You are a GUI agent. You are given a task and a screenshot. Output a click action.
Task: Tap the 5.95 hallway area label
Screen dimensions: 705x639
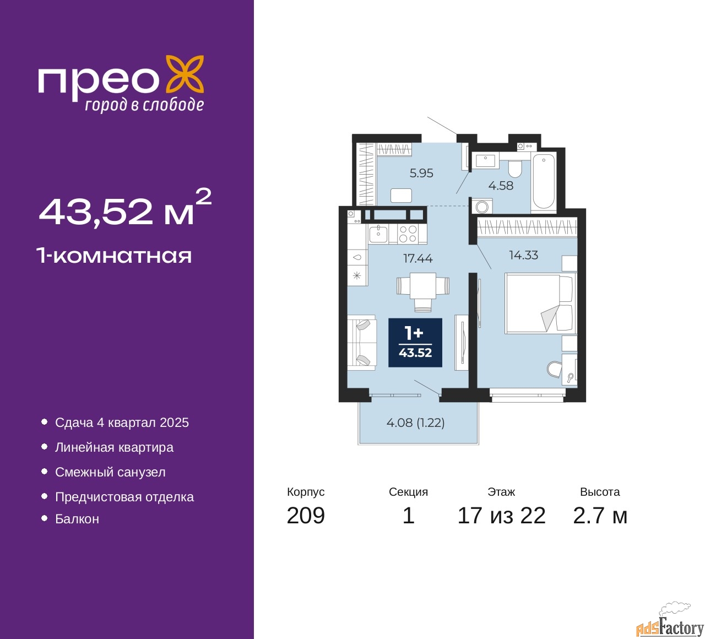pyautogui.click(x=421, y=173)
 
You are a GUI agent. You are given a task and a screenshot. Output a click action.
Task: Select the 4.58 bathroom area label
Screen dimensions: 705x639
pyautogui.click(x=501, y=186)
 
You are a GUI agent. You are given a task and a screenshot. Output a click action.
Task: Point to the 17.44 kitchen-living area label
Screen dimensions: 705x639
pyautogui.click(x=418, y=258)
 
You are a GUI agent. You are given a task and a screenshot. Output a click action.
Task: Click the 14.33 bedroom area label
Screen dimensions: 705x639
pyautogui.click(x=524, y=255)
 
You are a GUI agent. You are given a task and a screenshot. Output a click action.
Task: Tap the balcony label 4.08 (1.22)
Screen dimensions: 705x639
pyautogui.click(x=415, y=422)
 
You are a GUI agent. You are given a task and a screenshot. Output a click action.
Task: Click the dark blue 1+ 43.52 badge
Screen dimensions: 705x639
pyautogui.click(x=415, y=343)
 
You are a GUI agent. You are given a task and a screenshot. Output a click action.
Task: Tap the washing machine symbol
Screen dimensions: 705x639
pyautogui.click(x=482, y=207)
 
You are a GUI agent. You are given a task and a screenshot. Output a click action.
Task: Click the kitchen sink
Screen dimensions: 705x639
pyautogui.click(x=378, y=234)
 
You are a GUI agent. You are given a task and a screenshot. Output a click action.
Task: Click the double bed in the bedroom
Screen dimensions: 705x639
pyautogui.click(x=540, y=304)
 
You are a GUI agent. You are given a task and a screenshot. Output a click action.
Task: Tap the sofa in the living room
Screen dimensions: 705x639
pyautogui.click(x=362, y=343)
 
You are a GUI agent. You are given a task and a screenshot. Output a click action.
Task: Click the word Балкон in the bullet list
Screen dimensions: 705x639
pyautogui.click(x=77, y=519)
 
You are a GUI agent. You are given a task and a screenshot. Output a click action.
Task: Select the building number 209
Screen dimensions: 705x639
pyautogui.click(x=306, y=515)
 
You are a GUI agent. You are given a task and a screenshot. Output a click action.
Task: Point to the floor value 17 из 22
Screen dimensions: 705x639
pyautogui.click(x=502, y=515)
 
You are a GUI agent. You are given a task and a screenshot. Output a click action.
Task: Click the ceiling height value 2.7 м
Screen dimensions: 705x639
pyautogui.click(x=600, y=515)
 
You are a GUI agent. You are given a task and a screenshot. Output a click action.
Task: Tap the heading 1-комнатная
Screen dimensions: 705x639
pyautogui.click(x=115, y=256)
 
